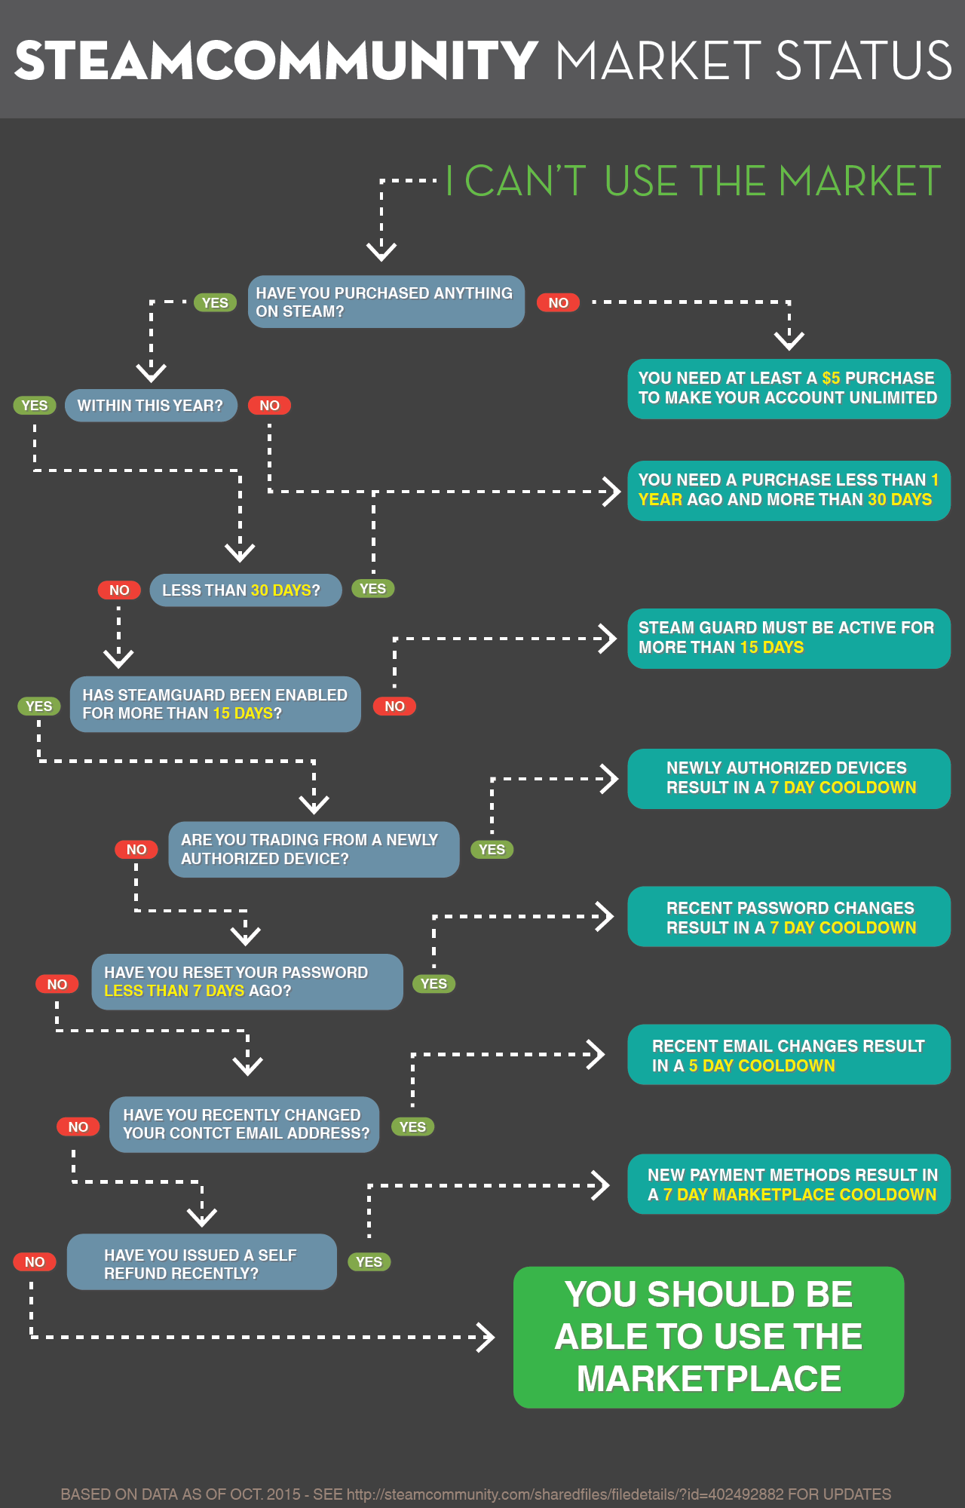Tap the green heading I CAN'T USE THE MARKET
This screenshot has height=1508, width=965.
pos(694,182)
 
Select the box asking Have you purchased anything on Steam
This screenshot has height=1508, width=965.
pos(386,302)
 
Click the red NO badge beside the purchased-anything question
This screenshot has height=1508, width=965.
pos(558,303)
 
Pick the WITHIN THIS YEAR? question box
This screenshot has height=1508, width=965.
pos(151,406)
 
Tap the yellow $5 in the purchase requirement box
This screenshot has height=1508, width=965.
pos(831,379)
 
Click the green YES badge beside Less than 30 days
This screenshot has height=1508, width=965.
pos(372,589)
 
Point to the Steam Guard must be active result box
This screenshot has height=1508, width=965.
pos(789,638)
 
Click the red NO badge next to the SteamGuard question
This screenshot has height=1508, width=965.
pos(394,706)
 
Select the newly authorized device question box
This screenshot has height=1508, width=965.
pos(314,850)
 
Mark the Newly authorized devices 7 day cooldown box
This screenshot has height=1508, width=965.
pos(789,778)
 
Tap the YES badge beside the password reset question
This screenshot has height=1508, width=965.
pos(433,984)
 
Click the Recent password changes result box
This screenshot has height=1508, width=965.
pos(789,917)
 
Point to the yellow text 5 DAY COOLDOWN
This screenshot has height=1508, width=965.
pos(761,1066)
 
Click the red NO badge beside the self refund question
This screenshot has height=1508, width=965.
pos(35,1262)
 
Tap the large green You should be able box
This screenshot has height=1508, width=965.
pos(709,1337)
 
